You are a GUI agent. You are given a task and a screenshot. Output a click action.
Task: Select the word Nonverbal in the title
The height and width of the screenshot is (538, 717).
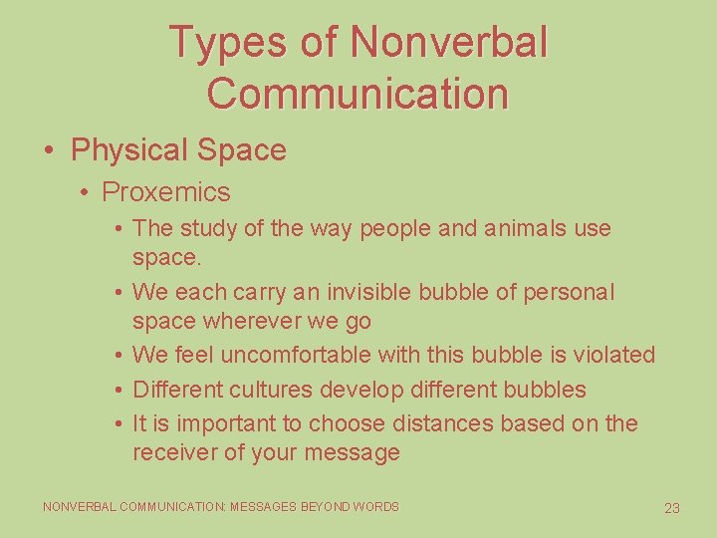coord(449,42)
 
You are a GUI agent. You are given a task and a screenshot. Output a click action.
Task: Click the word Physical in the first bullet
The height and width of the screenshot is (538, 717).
coord(128,150)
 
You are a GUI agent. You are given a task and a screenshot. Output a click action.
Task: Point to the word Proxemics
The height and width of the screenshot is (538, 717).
coord(166,192)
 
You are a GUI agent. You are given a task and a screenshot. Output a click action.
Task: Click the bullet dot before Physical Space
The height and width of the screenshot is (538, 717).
coord(49,150)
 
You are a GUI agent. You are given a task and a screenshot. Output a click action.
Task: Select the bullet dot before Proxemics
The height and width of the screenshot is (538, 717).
coord(88,192)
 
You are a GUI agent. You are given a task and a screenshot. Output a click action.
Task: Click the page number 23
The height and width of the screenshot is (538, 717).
coord(672,508)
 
